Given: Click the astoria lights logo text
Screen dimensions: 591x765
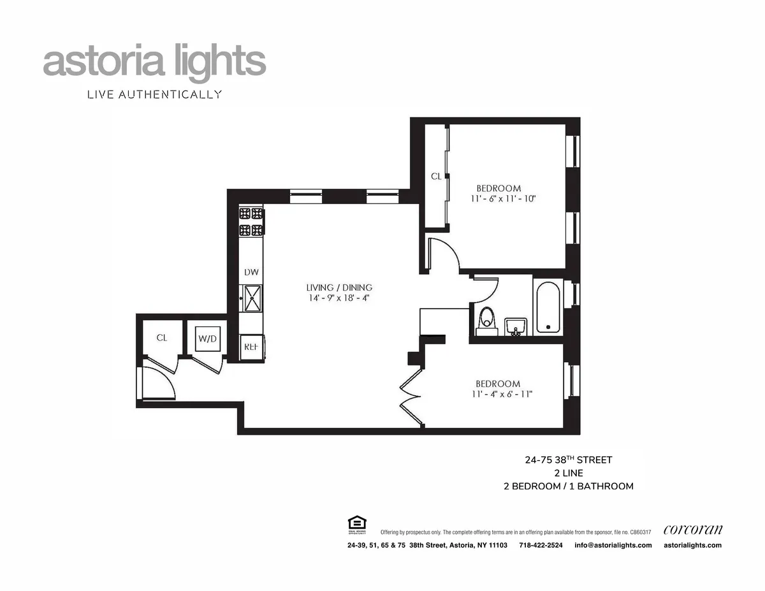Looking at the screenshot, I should [x=154, y=62].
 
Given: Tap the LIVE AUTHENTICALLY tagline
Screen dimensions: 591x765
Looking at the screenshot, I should [x=154, y=95].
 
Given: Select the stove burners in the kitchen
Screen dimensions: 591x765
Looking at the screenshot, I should [x=251, y=222].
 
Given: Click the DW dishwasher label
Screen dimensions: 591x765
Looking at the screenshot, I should [x=251, y=272].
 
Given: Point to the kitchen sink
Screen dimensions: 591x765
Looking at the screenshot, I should [x=251, y=298].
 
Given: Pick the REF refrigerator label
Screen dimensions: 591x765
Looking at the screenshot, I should [x=251, y=347].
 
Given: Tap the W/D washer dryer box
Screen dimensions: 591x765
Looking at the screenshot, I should [x=207, y=338].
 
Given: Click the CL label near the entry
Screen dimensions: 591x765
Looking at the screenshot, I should [x=161, y=338].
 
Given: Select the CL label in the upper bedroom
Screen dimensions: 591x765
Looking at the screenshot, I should [x=436, y=177].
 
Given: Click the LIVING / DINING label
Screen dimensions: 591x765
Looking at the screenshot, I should [x=339, y=288].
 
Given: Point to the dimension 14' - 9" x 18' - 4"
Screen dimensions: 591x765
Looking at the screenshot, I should [x=338, y=298].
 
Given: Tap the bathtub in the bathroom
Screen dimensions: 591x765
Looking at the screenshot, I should [x=548, y=308].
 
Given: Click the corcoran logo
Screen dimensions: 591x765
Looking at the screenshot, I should [x=693, y=529].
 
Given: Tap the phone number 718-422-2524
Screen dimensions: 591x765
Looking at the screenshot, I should [x=541, y=545].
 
